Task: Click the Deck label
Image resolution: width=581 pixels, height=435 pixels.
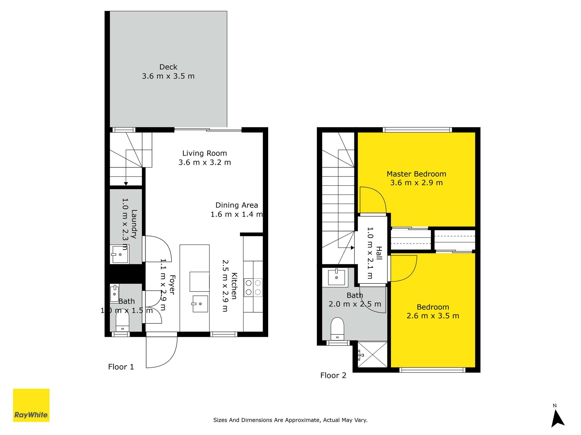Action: point(168,67)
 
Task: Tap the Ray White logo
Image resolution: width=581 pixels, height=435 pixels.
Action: point(31,405)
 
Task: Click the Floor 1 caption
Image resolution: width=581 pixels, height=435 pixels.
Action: point(121,367)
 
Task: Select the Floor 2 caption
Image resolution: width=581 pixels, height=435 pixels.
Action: point(333,375)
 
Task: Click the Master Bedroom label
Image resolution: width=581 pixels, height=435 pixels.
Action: point(416,174)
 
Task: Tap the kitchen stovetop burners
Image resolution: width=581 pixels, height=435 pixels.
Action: point(253,288)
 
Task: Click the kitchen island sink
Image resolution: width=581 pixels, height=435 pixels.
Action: point(200,304)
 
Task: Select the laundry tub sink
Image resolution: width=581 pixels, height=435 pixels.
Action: point(120,254)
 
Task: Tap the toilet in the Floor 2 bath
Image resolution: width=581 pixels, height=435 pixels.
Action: point(337,329)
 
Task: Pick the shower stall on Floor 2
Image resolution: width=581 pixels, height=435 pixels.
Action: point(373,354)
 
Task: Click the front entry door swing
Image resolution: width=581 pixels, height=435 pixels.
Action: point(162,352)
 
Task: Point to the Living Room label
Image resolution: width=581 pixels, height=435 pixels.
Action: point(205,153)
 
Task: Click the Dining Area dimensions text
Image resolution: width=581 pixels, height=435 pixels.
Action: point(237,214)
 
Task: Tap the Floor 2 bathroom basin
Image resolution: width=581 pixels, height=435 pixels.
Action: point(336,277)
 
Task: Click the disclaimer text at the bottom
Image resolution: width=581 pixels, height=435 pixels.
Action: point(290,420)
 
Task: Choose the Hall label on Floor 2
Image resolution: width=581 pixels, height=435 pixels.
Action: point(379,253)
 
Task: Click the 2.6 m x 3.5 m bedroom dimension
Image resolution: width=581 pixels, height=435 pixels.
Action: point(433,316)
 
